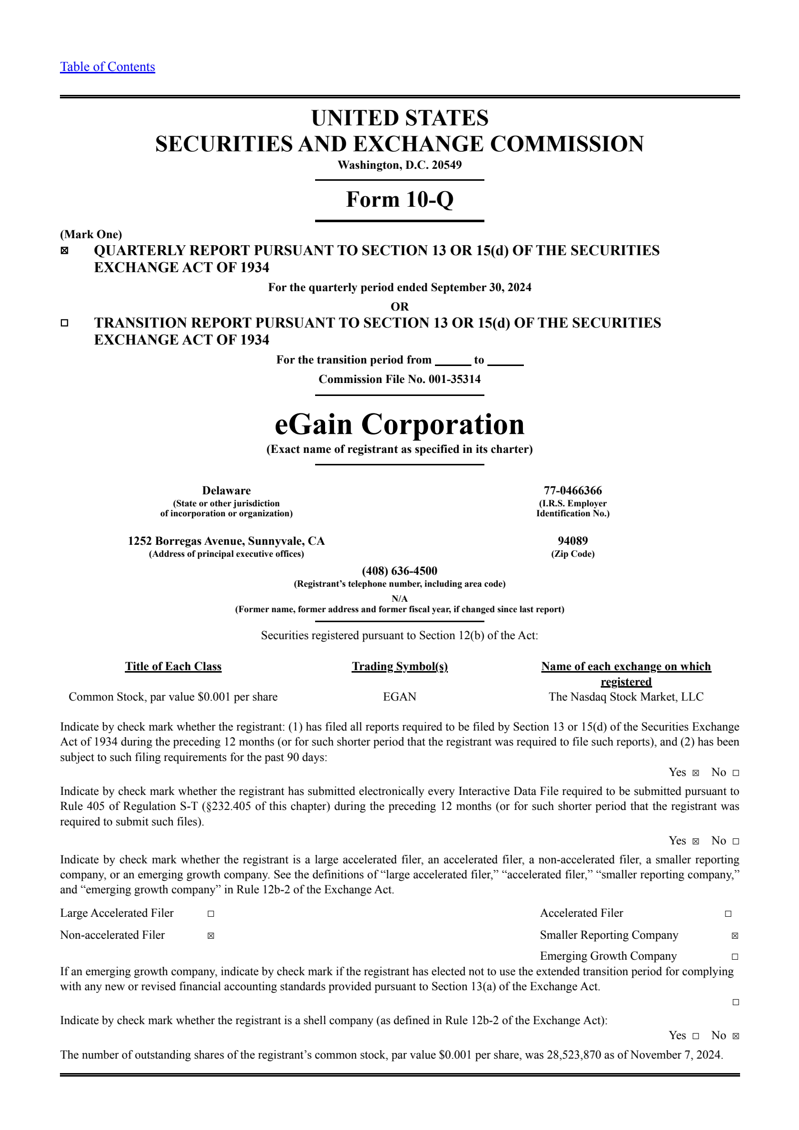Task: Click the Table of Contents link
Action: click(107, 67)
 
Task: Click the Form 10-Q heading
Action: click(399, 199)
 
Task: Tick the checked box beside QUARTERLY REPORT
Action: click(64, 251)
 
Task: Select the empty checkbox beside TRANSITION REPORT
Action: click(64, 323)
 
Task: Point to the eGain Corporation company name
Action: click(399, 424)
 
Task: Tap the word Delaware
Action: click(226, 490)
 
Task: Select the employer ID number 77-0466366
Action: click(573, 490)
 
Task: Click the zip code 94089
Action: click(573, 541)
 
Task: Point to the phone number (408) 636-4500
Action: click(399, 571)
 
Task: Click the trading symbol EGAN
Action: click(399, 697)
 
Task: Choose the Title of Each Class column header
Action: click(173, 666)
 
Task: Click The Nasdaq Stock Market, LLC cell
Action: click(626, 697)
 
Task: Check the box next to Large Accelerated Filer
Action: click(211, 914)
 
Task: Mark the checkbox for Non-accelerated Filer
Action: click(211, 936)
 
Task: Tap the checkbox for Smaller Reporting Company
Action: click(735, 936)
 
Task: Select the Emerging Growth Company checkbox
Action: click(735, 957)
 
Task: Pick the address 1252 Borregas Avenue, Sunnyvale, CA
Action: click(226, 541)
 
